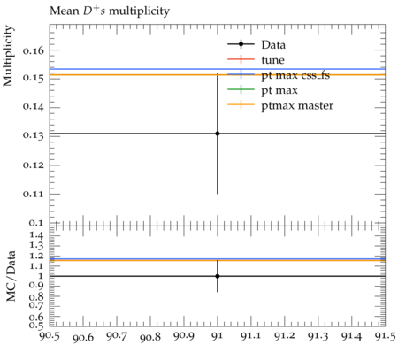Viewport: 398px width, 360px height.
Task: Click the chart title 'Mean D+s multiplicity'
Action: click(x=110, y=11)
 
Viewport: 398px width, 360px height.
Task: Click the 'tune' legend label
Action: click(x=272, y=60)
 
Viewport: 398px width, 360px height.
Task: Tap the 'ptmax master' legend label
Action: click(x=297, y=105)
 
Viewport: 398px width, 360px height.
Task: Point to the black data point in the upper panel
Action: click(x=218, y=134)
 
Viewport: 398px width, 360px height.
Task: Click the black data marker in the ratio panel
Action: click(x=218, y=276)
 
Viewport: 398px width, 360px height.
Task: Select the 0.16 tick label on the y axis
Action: click(x=34, y=50)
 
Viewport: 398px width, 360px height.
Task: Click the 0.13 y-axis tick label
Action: click(x=34, y=135)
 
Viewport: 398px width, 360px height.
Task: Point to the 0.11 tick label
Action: click(x=34, y=194)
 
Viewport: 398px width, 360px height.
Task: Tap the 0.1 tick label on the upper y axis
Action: click(x=36, y=223)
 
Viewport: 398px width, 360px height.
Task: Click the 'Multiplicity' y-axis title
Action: click(x=8, y=56)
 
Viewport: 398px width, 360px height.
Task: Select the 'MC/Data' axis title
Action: click(x=11, y=276)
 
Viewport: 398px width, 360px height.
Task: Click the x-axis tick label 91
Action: click(x=218, y=336)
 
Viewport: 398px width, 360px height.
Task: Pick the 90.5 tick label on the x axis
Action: click(x=50, y=336)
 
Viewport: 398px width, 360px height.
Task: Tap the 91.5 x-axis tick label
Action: click(x=385, y=336)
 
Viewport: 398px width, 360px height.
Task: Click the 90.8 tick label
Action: click(x=150, y=336)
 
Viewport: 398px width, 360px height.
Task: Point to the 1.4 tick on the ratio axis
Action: click(x=37, y=235)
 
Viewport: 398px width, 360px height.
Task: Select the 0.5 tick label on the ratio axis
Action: click(x=37, y=326)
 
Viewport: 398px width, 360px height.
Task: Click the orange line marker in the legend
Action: click(x=241, y=104)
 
